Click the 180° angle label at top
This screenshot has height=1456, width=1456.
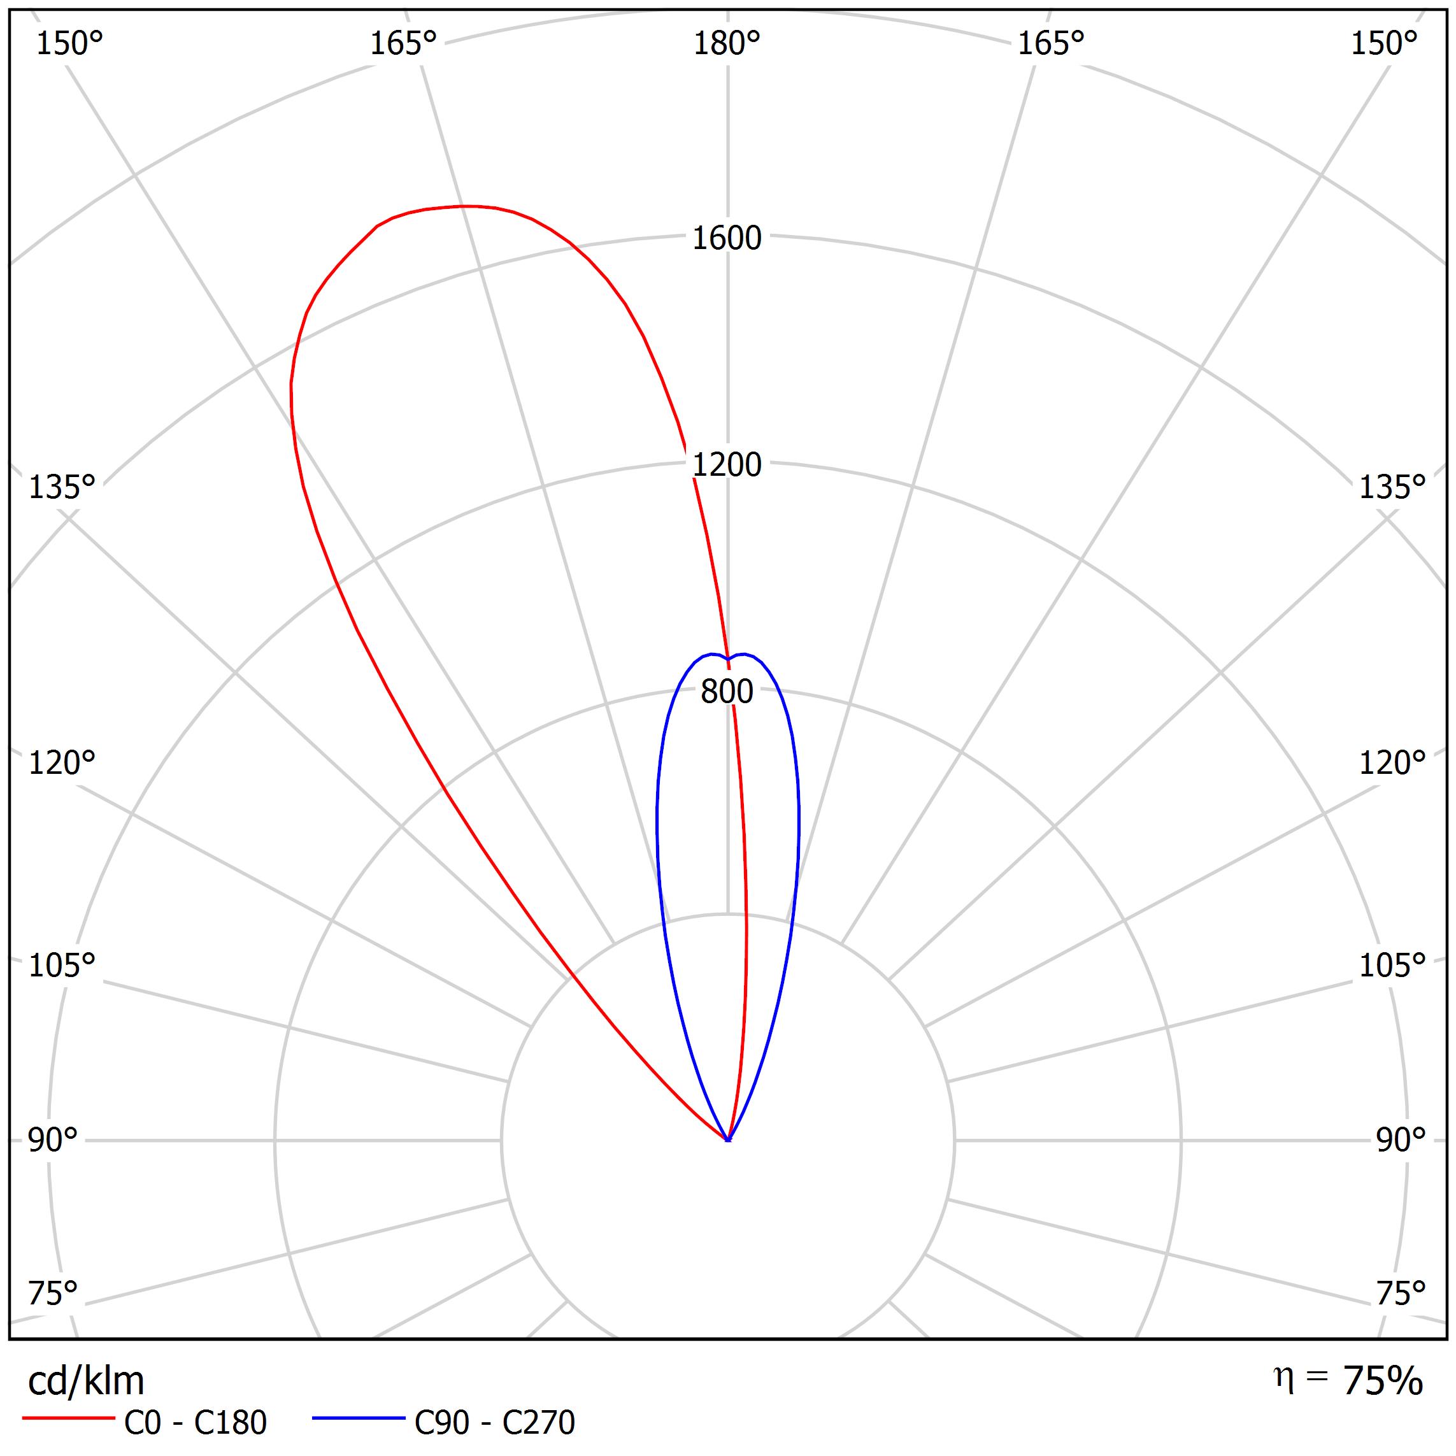pos(727,45)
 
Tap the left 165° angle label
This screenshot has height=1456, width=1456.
pos(403,45)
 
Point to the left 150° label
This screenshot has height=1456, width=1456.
pos(69,45)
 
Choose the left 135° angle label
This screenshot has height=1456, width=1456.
pos(62,488)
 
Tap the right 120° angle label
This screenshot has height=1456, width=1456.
pos(1392,764)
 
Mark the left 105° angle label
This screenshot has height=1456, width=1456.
pos(62,966)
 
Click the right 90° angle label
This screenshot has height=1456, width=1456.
pos(1400,1140)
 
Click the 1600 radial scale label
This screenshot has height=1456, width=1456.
pos(727,239)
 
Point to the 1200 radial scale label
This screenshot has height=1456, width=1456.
pos(727,466)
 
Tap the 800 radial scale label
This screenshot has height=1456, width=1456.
pos(727,692)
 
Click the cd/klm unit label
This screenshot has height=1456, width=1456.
pos(86,1381)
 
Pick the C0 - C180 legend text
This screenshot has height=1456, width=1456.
pos(195,1423)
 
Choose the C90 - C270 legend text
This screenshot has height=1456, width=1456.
pos(494,1423)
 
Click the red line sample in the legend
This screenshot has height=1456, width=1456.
pos(68,1418)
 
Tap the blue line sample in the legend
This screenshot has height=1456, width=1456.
pos(359,1418)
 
